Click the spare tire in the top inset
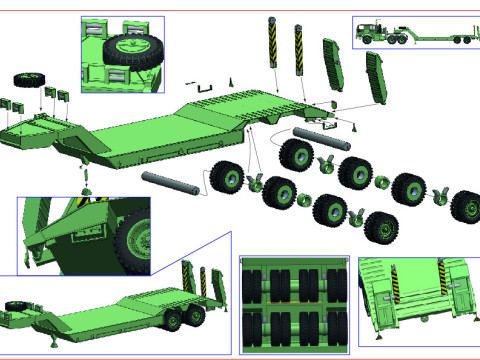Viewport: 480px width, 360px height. (127, 49)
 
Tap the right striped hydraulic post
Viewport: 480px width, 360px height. (298, 48)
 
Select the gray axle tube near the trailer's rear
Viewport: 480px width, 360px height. (318, 133)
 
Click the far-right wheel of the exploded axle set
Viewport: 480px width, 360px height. (465, 207)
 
